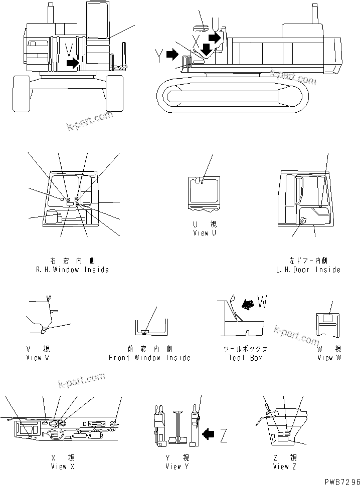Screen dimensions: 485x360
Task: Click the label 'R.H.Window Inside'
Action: [73, 270]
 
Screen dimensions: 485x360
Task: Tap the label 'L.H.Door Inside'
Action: [308, 270]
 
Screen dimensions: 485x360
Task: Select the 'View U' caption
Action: [204, 233]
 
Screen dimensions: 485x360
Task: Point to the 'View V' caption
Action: [38, 358]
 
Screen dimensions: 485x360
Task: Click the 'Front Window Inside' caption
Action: [149, 358]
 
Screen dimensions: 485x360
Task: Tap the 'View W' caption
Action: [329, 358]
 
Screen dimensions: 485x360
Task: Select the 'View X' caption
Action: [62, 466]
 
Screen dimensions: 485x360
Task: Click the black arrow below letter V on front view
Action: [73, 63]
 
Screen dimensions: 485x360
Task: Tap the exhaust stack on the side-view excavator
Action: [316, 14]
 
